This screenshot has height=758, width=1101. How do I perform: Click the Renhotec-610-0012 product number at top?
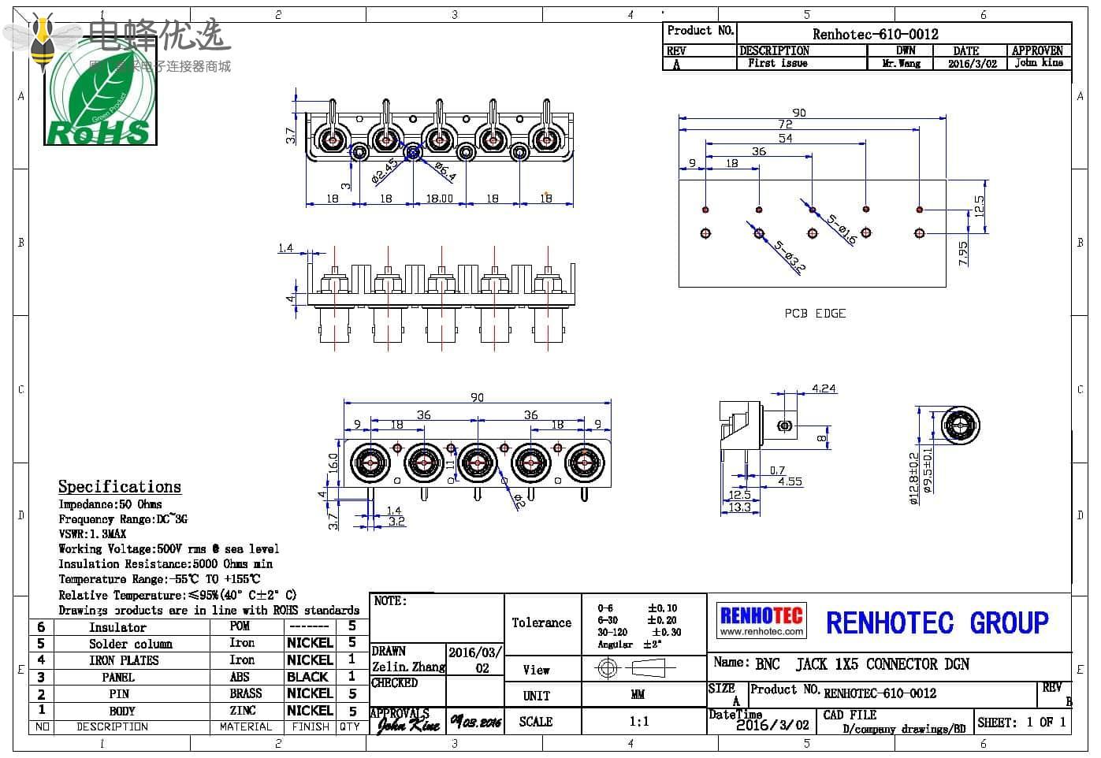tap(875, 34)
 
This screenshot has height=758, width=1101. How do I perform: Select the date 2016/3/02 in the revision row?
tap(972, 64)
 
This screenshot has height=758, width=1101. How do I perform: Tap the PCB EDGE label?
tap(814, 314)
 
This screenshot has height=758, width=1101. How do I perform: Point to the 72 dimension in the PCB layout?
tap(785, 124)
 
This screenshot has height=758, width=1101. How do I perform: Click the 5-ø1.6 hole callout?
tap(841, 229)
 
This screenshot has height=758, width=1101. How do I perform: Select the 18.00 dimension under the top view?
tap(440, 199)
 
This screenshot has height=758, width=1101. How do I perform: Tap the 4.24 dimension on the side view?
tap(824, 388)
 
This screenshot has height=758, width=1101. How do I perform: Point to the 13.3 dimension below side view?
tap(739, 508)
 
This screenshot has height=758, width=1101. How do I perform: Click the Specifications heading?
tap(120, 487)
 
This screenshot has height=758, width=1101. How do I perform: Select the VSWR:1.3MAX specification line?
tap(92, 533)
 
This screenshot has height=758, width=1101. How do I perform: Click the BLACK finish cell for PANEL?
tap(307, 677)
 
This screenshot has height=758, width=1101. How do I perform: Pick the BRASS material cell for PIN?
tap(246, 693)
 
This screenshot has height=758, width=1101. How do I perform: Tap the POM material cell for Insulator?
tap(240, 626)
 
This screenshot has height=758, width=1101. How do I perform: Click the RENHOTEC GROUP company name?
tap(936, 623)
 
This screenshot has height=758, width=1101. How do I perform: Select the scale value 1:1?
tap(638, 721)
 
